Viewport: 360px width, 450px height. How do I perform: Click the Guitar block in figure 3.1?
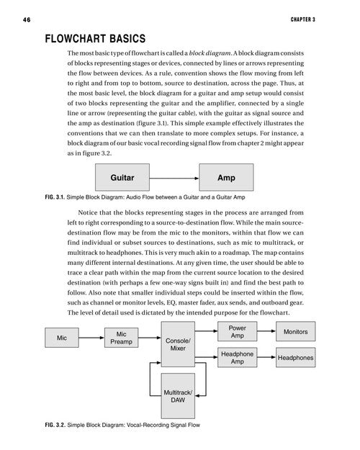coord(122,177)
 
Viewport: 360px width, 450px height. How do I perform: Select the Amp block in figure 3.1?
coord(226,177)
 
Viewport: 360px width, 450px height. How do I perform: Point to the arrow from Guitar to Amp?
coord(174,179)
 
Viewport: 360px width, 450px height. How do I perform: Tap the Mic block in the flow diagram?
coord(62,338)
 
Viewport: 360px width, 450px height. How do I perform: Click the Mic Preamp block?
coord(121,338)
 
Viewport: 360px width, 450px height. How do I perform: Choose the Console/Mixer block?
coord(178,344)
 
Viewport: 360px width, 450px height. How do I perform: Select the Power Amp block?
coord(237,331)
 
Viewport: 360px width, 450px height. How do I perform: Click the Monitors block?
coord(296,331)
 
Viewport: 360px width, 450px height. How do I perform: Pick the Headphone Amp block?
coord(237,358)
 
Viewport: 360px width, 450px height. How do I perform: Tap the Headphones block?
coord(296,358)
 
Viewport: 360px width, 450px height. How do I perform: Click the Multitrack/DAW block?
coord(178,396)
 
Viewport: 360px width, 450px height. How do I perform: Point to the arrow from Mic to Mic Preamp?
coord(91,338)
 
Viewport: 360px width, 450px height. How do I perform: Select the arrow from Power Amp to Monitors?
coord(266,331)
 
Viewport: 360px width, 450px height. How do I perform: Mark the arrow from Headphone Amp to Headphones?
coord(266,357)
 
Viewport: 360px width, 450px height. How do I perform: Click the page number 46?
coord(27,19)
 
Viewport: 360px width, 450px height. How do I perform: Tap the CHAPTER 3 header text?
coord(303,19)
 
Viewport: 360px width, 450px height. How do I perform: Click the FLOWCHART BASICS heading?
coord(95,39)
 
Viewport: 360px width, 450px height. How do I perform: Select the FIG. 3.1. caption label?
coord(55,197)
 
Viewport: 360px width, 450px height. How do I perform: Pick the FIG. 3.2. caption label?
coord(55,425)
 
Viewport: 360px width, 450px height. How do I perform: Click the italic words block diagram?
coord(210,53)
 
